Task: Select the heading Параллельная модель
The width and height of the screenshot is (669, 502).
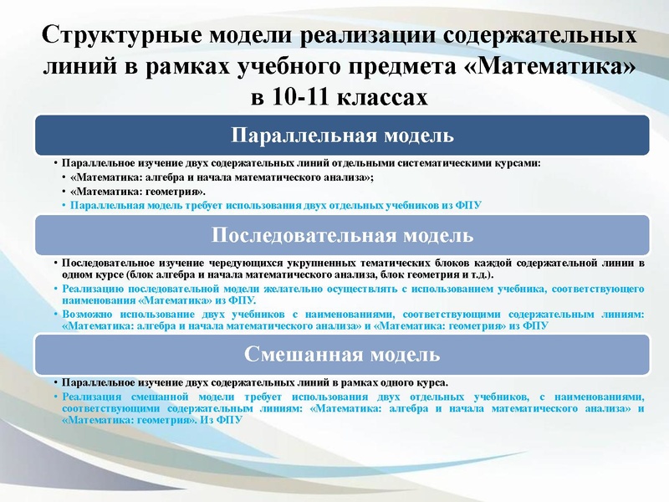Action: tap(342, 135)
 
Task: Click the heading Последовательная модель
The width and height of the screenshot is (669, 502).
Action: tap(342, 234)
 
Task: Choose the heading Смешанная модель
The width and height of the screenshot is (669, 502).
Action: tap(342, 354)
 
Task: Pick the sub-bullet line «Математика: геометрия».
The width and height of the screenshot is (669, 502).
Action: tap(138, 192)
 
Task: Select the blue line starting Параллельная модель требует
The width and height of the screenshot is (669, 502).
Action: tap(276, 205)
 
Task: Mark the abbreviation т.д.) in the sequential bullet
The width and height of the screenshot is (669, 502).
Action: tap(479, 274)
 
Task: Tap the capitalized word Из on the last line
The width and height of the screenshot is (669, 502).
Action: tap(208, 421)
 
